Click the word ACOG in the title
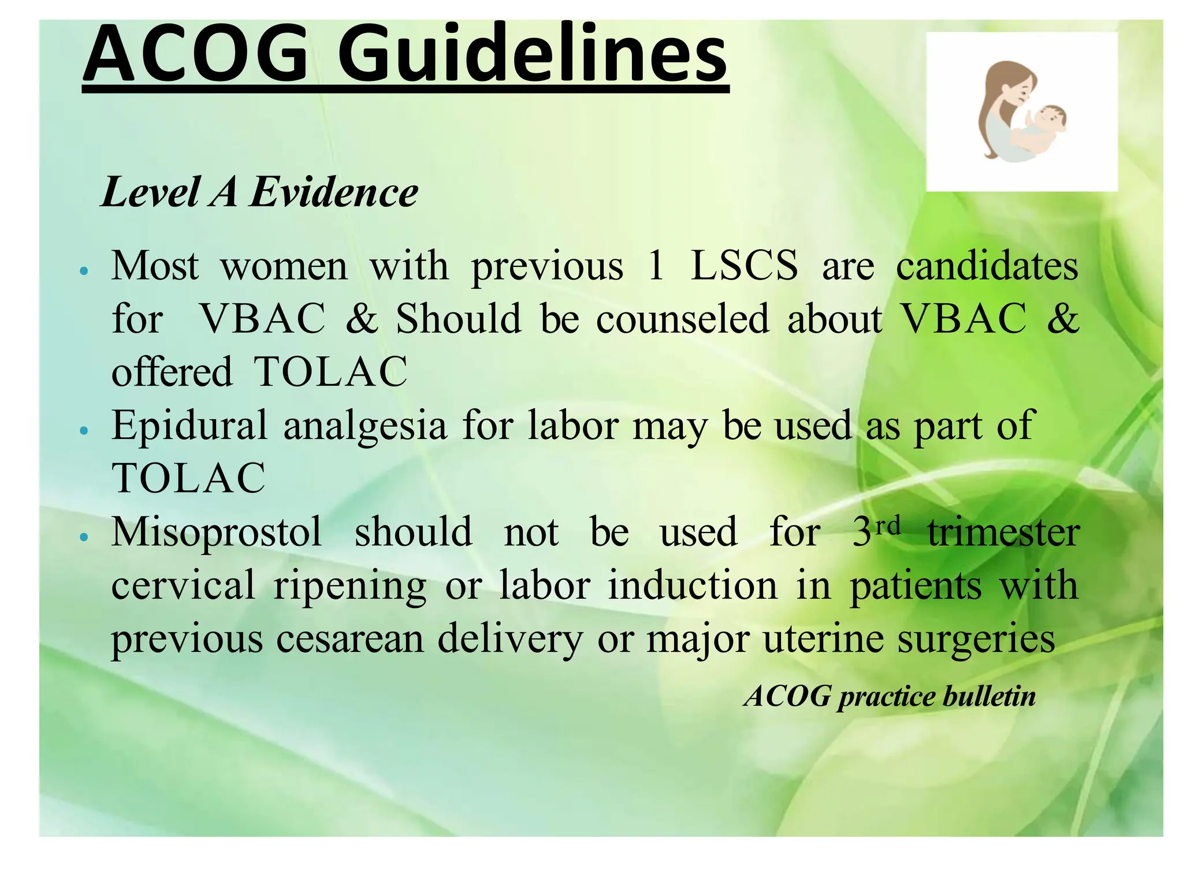[195, 54]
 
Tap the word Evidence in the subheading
[334, 192]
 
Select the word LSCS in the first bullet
[744, 266]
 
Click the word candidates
[987, 266]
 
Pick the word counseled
[682, 319]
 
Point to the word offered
[172, 372]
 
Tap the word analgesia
[365, 426]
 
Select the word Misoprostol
[217, 532]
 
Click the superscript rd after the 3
[887, 525]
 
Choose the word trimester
[1003, 532]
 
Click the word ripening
[350, 586]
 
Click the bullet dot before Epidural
[84, 431]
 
